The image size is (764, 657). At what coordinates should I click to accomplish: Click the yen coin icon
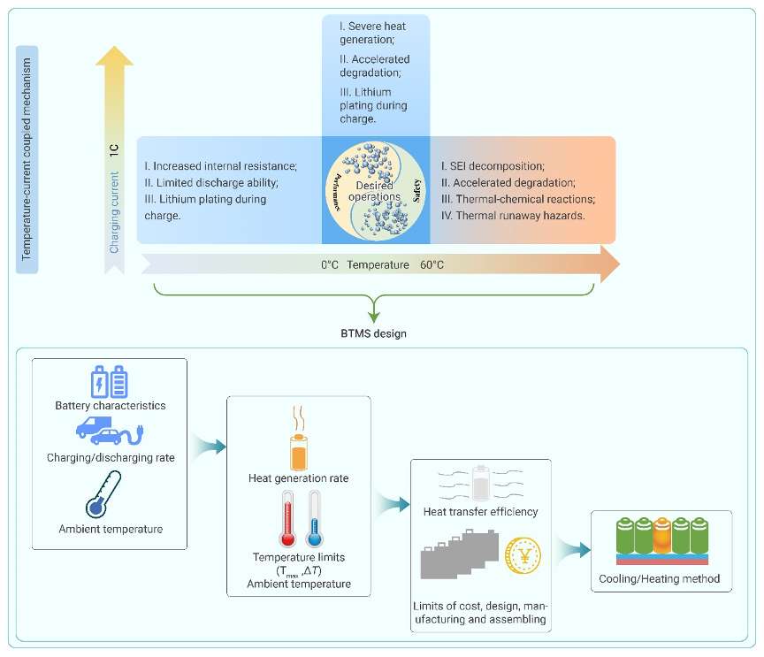(523, 555)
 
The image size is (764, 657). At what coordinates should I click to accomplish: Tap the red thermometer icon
(287, 518)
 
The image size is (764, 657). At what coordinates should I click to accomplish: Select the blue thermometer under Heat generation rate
(314, 518)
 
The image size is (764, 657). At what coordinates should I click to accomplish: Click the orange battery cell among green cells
(662, 535)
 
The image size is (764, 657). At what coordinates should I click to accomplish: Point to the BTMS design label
(374, 333)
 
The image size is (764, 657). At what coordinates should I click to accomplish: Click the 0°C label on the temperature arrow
(329, 264)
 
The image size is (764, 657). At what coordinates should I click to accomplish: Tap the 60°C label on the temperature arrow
(432, 264)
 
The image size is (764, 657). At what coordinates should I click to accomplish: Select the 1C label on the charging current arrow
(113, 150)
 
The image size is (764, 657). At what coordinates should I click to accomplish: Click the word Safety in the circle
(416, 191)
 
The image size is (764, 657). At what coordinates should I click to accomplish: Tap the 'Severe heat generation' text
(373, 33)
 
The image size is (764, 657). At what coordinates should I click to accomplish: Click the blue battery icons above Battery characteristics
(110, 381)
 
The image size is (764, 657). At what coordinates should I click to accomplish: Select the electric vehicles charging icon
(110, 431)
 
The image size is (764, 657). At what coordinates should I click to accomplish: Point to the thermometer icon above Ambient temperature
(103, 494)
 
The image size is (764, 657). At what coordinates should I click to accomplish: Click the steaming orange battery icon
(299, 439)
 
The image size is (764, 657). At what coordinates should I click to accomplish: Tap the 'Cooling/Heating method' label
(660, 578)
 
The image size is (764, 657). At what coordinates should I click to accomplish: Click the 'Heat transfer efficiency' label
(480, 511)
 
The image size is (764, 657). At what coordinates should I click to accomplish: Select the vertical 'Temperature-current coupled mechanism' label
(27, 159)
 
